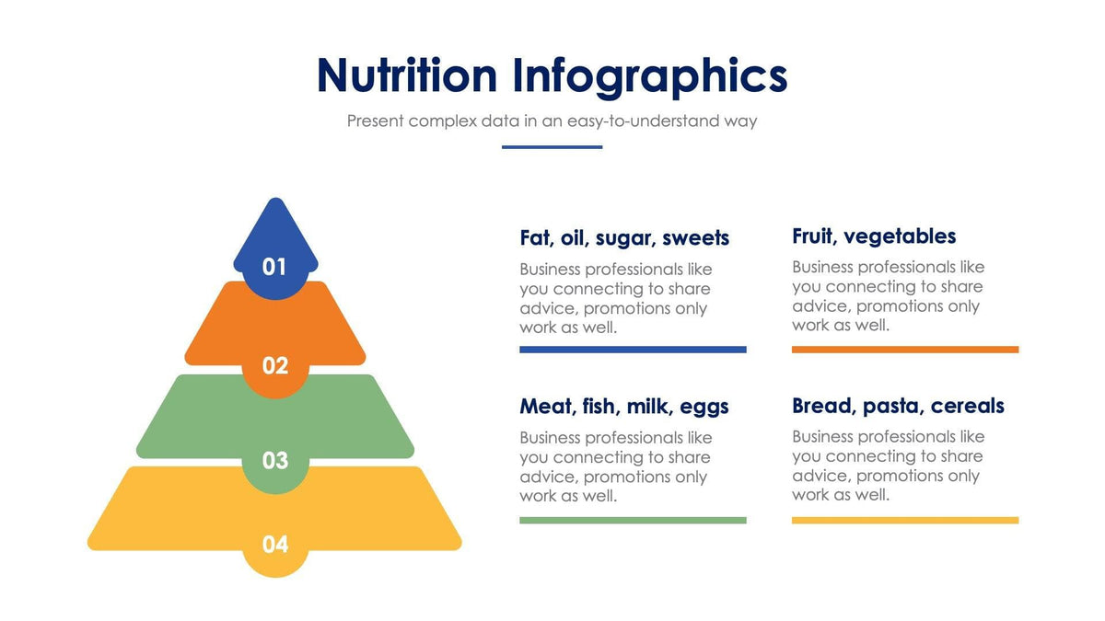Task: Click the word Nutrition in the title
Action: pos(406,75)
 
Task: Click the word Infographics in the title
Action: pos(650,75)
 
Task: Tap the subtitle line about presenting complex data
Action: pos(552,121)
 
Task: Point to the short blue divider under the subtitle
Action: pos(552,146)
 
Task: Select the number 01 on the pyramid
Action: pos(274,267)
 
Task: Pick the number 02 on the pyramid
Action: pos(274,366)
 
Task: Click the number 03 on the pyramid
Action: pos(274,460)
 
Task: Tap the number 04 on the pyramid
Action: pos(274,545)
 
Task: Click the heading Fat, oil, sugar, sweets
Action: pos(624,238)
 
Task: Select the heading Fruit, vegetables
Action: pos(874,236)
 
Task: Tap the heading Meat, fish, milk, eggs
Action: pos(624,407)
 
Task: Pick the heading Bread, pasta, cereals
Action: pos(898,406)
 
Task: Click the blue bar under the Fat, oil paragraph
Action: pos(633,350)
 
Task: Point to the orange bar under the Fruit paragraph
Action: pos(905,350)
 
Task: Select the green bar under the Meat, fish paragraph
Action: pos(633,520)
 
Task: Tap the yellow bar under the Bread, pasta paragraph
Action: pos(905,520)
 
